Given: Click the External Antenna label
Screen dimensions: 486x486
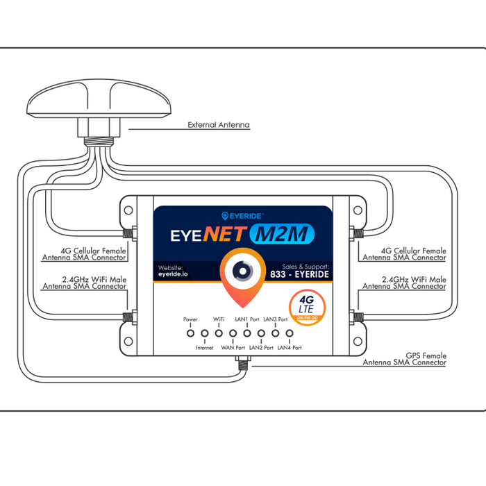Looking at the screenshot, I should (219, 126).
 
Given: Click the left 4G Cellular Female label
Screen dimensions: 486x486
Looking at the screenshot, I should (85, 254).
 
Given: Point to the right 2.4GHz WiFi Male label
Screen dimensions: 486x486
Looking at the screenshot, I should (404, 283).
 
